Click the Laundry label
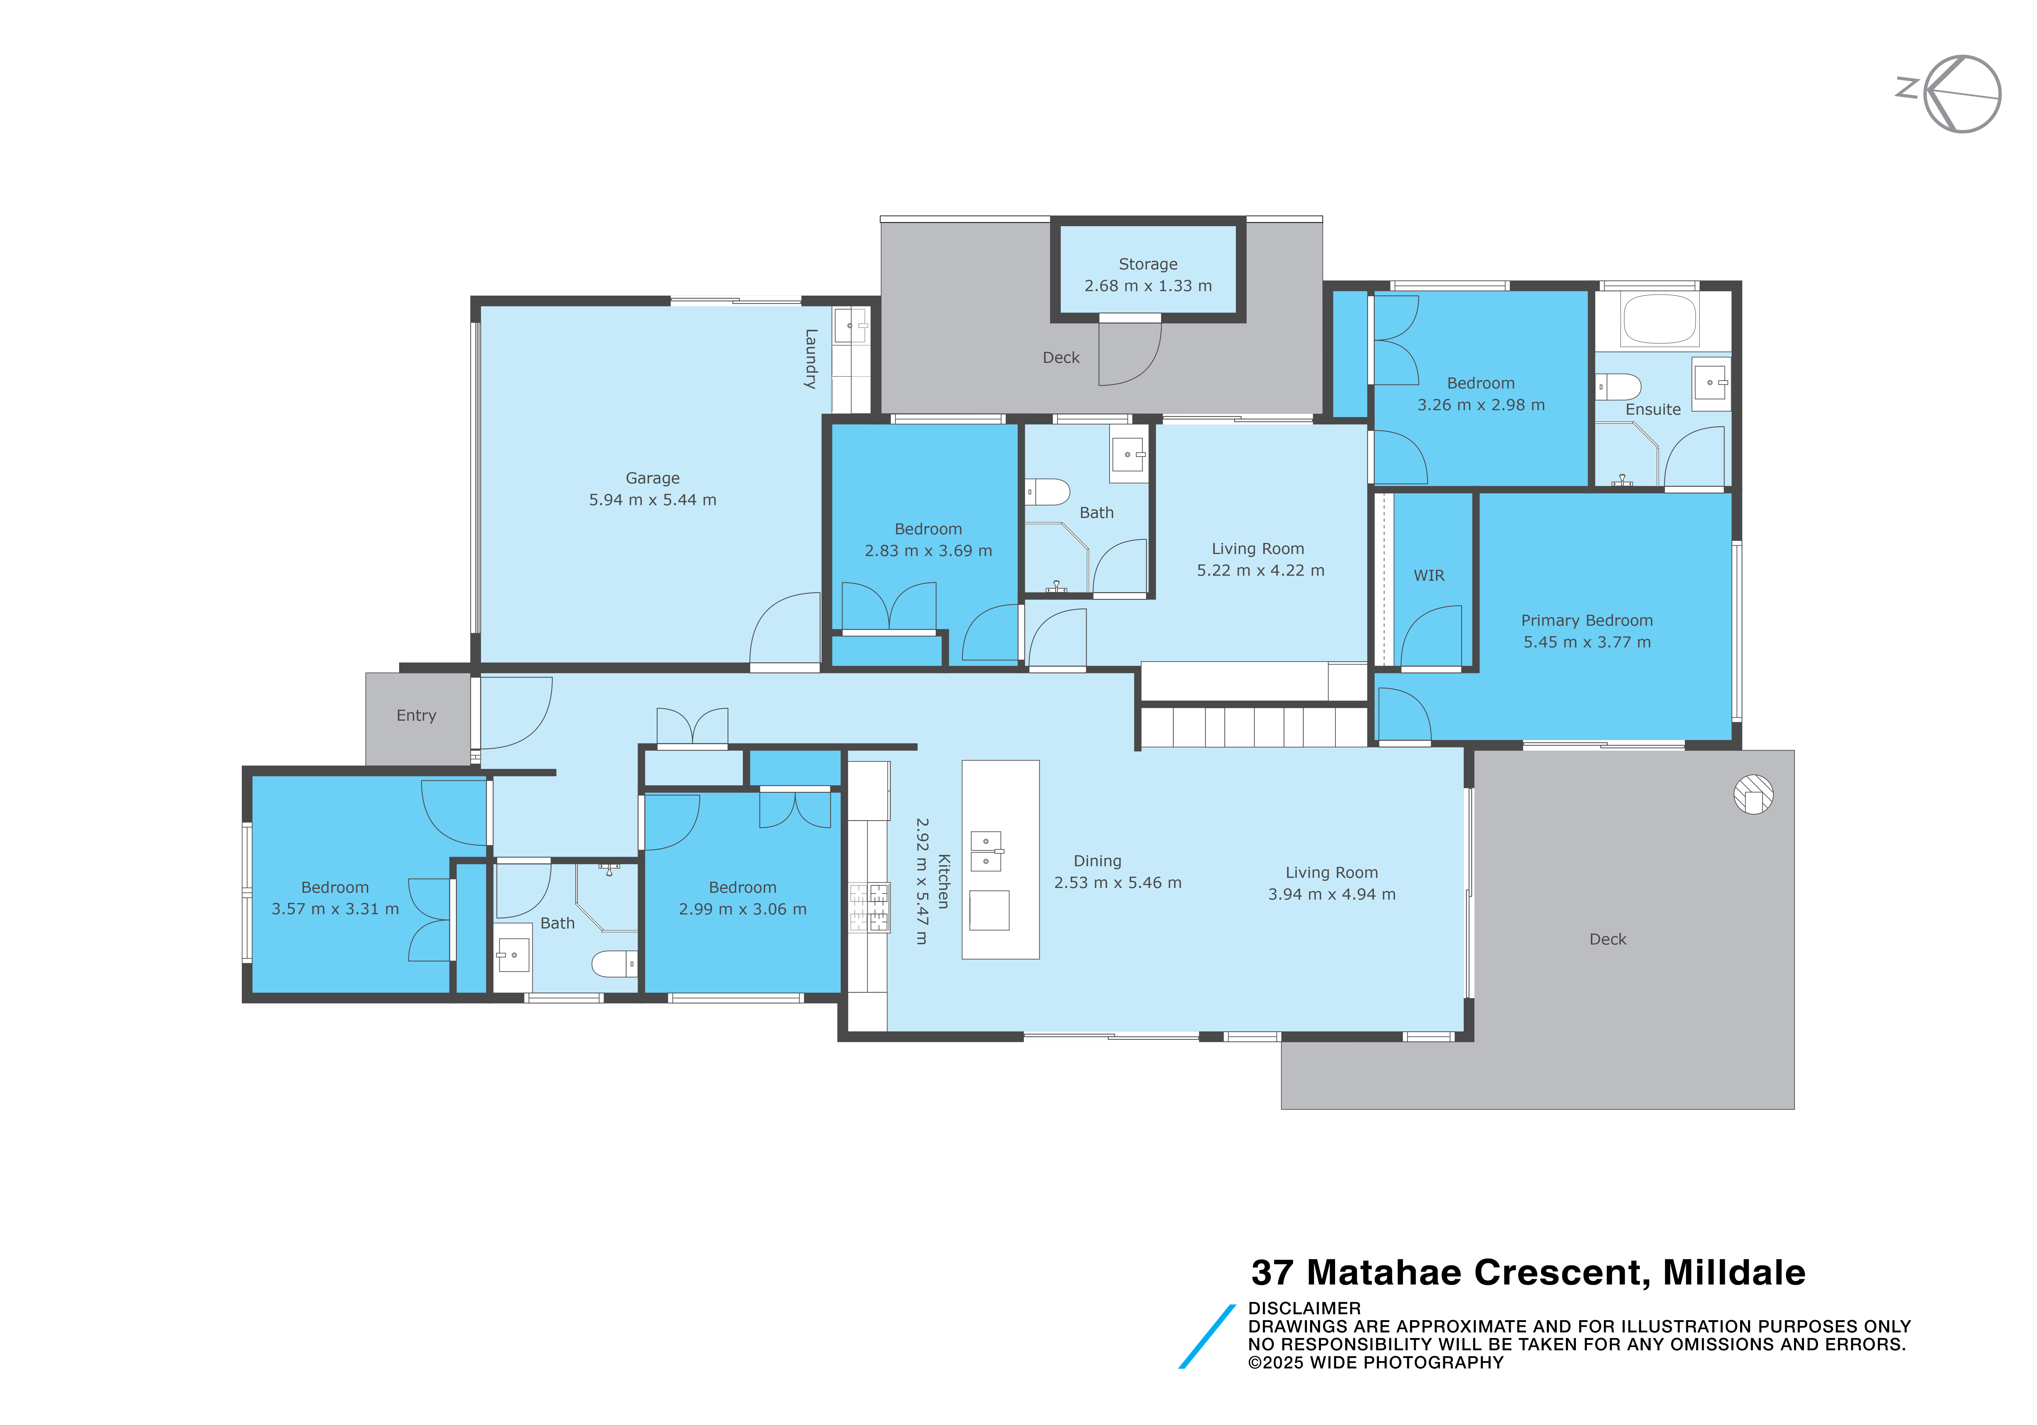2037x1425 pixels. pyautogui.click(x=810, y=359)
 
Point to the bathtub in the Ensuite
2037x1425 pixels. pyautogui.click(x=1659, y=319)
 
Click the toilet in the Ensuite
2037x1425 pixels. pyautogui.click(x=1618, y=387)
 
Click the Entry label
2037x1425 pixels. pyautogui.click(x=416, y=716)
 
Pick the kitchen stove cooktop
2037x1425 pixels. pyautogui.click(x=870, y=907)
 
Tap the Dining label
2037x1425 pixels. pyautogui.click(x=1097, y=861)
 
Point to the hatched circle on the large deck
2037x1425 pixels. pyautogui.click(x=1753, y=795)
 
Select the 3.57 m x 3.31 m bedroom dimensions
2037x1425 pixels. pyautogui.click(x=335, y=909)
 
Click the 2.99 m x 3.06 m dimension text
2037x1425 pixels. pyautogui.click(x=743, y=909)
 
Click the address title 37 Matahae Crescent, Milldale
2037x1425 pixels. pyautogui.click(x=1528, y=1273)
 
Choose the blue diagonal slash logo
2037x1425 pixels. pyautogui.click(x=1207, y=1336)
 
